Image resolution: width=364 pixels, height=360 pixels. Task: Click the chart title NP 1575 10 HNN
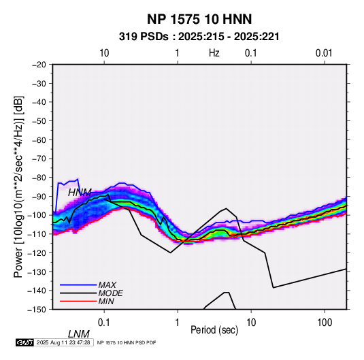(x=199, y=19)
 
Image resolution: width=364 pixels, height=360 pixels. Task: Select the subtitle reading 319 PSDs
(x=144, y=37)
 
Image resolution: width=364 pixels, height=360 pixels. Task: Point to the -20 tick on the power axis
(x=39, y=65)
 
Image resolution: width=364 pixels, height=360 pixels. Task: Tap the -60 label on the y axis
(x=39, y=140)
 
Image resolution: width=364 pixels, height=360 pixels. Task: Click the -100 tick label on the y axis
(x=37, y=215)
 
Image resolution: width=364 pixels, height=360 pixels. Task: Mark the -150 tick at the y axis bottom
(x=37, y=310)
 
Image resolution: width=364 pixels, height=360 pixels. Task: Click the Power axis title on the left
(x=18, y=187)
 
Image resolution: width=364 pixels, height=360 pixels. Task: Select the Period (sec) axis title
(x=214, y=330)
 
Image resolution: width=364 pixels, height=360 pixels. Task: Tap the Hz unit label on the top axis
(x=214, y=53)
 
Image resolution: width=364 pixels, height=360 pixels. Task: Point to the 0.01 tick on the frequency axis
(x=324, y=53)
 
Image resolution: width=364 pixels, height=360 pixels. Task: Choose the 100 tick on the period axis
(x=325, y=323)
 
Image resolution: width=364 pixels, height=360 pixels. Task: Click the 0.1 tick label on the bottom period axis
(x=104, y=323)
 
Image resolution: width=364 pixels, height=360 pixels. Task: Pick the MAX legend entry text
(x=107, y=285)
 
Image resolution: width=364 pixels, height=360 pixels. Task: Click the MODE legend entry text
(x=110, y=293)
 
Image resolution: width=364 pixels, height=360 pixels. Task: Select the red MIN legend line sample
(x=78, y=301)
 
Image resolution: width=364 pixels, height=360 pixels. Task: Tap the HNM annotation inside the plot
(x=80, y=193)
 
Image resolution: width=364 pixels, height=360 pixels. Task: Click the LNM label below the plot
(x=79, y=334)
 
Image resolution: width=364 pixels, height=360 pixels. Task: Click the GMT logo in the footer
(x=25, y=342)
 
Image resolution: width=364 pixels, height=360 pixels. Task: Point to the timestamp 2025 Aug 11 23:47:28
(x=63, y=342)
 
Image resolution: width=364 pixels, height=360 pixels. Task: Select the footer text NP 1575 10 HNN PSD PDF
(x=127, y=342)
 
